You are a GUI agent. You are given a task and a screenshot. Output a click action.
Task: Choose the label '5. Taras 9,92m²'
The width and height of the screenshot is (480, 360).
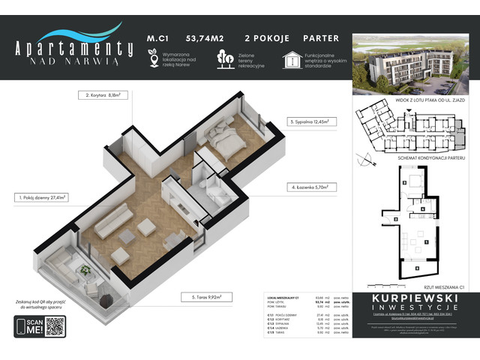(x=205, y=296)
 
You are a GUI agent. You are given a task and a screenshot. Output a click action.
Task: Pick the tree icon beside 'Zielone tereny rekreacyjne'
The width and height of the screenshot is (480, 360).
(x=223, y=58)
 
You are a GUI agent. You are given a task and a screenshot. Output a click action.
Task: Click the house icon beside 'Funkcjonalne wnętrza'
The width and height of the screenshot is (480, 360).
(x=291, y=58)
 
